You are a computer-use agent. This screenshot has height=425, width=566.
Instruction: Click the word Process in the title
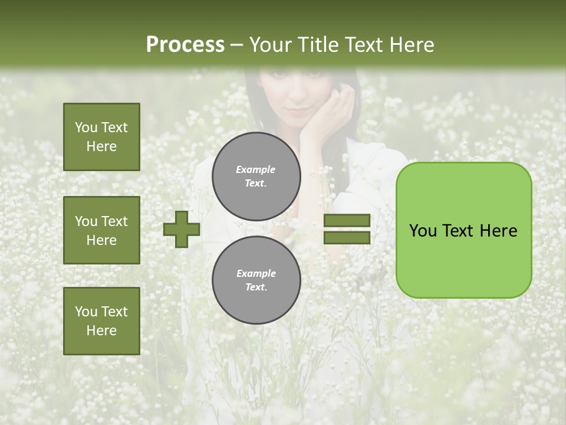185,45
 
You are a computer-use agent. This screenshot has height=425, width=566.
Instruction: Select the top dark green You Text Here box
101,137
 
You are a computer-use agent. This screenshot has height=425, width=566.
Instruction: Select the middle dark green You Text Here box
101,230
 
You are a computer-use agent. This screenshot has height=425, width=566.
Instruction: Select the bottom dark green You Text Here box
101,321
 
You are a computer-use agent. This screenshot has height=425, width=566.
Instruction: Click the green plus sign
182,229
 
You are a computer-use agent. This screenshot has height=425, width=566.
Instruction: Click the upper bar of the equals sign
347,221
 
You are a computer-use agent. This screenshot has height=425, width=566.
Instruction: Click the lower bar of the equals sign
347,237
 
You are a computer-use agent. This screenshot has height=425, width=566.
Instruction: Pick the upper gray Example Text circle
256,176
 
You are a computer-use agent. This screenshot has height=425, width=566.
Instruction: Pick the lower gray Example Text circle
256,280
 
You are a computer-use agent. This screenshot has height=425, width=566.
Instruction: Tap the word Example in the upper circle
256,169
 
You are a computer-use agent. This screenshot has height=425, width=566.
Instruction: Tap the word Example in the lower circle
256,273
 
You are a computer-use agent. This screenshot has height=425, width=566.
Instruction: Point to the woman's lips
298,110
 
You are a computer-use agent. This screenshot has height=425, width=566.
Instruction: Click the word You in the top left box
85,127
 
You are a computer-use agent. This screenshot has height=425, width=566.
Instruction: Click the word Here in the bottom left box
101,331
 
